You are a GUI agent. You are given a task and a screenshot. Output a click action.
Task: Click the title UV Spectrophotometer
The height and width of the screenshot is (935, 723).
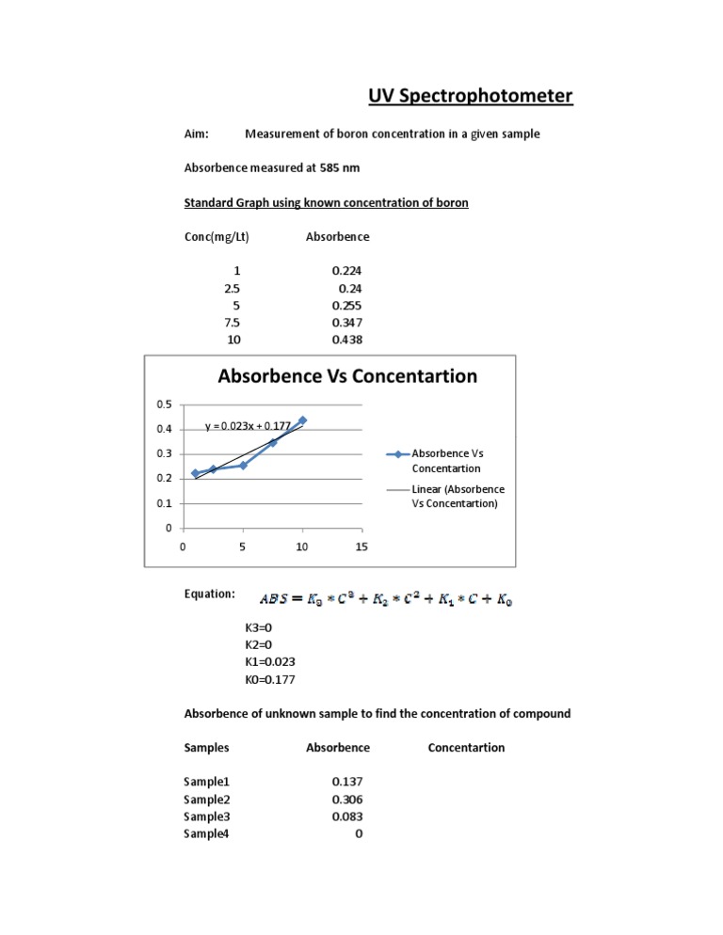pos(469,97)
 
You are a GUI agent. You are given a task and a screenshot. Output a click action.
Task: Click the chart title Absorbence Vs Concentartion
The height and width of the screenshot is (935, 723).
pos(347,376)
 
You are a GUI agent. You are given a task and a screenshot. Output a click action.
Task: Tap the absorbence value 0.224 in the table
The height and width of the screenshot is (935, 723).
pos(347,271)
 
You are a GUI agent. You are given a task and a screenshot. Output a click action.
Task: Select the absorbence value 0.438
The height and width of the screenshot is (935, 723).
pos(347,339)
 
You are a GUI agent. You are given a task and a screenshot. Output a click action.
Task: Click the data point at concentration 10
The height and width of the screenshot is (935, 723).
pos(302,420)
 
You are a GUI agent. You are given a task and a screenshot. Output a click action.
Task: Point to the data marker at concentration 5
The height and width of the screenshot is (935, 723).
pos(243,465)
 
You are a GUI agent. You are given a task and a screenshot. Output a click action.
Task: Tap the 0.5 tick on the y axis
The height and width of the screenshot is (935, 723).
pos(164,404)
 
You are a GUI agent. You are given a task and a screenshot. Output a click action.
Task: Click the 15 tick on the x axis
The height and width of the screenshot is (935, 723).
pos(361,547)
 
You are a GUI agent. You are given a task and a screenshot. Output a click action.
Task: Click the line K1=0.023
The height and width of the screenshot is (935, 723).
pos(269,660)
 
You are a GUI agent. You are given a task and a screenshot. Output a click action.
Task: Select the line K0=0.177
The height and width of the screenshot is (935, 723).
pos(269,677)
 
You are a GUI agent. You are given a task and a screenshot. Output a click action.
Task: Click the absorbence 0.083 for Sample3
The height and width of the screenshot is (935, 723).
pos(347,816)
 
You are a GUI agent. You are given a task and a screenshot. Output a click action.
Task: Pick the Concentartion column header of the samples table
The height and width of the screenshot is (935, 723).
pos(466,748)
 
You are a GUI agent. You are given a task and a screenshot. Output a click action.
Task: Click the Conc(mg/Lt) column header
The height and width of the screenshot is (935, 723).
pos(216,237)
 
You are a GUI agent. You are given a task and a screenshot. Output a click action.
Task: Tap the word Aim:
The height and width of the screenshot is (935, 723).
pos(196,135)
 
